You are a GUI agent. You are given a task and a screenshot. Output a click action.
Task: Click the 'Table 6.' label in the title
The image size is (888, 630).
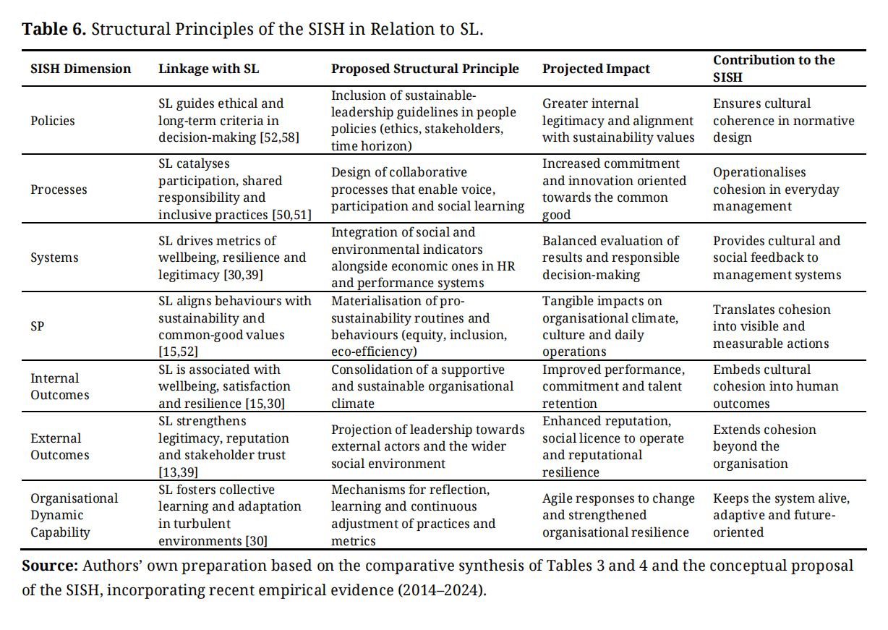pos(54,30)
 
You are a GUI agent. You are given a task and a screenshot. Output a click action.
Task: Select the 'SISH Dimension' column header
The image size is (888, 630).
pos(80,69)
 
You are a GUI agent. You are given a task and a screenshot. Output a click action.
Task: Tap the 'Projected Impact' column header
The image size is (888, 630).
pos(596,69)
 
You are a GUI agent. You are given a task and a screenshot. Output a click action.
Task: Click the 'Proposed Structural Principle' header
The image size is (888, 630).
pos(424,69)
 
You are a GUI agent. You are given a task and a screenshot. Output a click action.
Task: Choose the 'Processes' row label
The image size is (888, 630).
pos(59,190)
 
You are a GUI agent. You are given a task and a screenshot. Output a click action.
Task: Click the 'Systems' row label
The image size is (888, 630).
pos(54,257)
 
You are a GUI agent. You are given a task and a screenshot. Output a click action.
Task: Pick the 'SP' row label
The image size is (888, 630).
pos(38,326)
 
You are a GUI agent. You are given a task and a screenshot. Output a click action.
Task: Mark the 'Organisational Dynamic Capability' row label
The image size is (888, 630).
pos(74,515)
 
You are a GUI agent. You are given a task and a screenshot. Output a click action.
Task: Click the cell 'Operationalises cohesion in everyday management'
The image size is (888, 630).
pos(776,190)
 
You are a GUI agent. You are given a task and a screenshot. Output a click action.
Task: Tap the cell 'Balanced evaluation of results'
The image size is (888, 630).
pos(611,257)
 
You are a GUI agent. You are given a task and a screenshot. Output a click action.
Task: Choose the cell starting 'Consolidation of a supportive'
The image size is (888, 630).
pos(422,386)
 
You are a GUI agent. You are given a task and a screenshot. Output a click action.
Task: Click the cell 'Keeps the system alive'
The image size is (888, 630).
pos(781,515)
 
